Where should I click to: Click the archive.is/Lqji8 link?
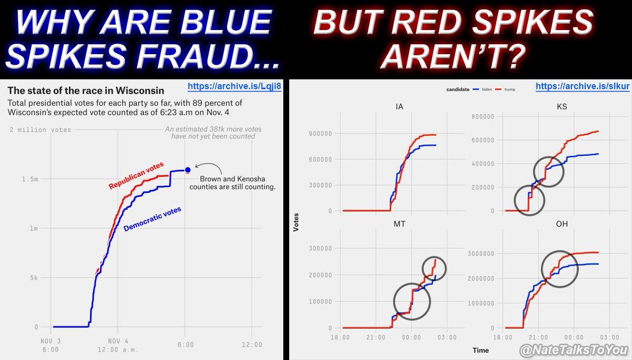pyautogui.click(x=234, y=87)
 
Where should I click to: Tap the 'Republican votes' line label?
pyautogui.click(x=135, y=176)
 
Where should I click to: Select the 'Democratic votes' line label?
pyautogui.click(x=152, y=219)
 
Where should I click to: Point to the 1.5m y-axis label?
pyautogui.click(x=31, y=179)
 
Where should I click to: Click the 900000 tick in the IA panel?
pyautogui.click(x=319, y=134)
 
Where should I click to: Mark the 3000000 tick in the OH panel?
pyautogui.click(x=481, y=254)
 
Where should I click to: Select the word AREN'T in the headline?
pyautogui.click(x=453, y=56)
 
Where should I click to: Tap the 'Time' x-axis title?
pyautogui.click(x=480, y=350)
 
